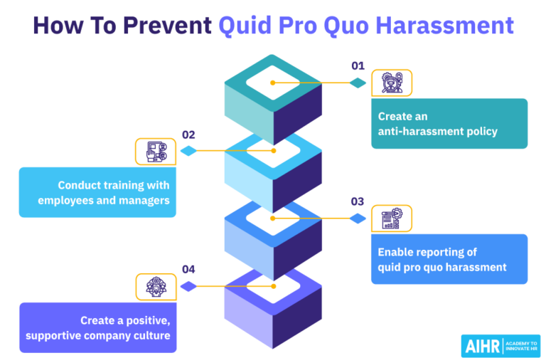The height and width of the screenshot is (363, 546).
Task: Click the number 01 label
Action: point(358,66)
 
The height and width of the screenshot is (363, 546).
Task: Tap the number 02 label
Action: point(188,135)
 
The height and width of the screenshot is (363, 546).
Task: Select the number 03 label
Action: point(358,202)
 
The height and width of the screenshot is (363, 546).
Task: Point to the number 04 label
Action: point(188,270)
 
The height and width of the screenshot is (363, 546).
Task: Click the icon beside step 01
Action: point(392,83)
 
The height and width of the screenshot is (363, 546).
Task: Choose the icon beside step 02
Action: point(156,151)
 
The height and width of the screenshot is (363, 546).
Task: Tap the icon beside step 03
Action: point(392,219)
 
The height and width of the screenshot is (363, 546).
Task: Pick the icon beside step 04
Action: point(156,287)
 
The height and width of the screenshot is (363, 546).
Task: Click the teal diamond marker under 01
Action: point(358,83)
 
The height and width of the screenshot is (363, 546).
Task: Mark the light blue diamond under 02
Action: point(188,151)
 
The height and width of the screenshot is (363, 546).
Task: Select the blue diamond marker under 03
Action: point(358,219)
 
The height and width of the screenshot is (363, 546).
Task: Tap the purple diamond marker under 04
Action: point(188,286)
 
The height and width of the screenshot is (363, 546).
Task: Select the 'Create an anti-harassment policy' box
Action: point(449,123)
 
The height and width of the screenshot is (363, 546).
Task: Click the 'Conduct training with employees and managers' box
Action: point(97,192)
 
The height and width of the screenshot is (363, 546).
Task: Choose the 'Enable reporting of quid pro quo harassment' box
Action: point(449,259)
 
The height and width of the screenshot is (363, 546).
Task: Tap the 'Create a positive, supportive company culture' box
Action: point(97,327)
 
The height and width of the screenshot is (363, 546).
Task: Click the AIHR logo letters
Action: point(481,346)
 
